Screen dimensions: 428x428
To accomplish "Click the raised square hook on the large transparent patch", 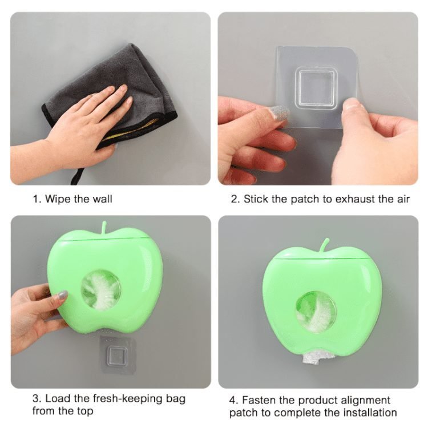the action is coord(316,87).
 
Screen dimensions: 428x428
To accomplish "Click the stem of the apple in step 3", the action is coord(104,228).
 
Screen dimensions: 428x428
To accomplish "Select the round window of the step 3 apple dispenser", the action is coord(101,290).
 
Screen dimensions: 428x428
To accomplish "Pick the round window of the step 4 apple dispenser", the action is coord(316,313).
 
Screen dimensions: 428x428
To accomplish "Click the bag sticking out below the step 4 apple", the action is coord(312,358).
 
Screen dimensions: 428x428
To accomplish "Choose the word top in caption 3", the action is coord(85,411).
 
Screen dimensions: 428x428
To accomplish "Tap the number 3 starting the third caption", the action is coord(36,399).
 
